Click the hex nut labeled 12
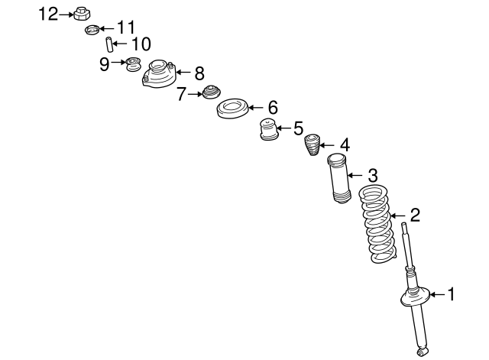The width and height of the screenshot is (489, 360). tap(82, 14)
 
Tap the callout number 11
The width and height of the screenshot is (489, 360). tap(126, 28)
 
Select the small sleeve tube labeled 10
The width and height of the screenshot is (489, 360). tap(108, 44)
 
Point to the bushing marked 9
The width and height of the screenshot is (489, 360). tap(134, 64)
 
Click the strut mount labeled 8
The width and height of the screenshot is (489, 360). tap(160, 74)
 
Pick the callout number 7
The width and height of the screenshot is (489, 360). tap(181, 94)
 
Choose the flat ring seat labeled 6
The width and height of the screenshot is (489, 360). tap(232, 109)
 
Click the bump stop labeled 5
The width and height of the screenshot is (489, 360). tap(268, 129)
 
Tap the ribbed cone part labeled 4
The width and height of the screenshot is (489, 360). tap(313, 144)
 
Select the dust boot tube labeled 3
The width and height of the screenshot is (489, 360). tap(338, 179)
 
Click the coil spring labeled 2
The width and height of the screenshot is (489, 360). tap(377, 224)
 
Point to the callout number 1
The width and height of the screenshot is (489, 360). tap(452, 294)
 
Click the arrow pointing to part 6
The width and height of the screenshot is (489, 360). tap(256, 108)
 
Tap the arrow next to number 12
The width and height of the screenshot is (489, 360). tap(66, 15)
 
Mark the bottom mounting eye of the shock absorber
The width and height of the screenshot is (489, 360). tap(423, 352)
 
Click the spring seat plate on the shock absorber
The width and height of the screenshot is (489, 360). tap(415, 298)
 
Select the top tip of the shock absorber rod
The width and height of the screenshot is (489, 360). tap(404, 223)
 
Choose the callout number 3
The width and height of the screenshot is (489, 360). tap(373, 175)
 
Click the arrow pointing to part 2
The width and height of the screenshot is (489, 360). tap(397, 216)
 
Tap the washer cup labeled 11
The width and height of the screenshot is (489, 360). tap(92, 30)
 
